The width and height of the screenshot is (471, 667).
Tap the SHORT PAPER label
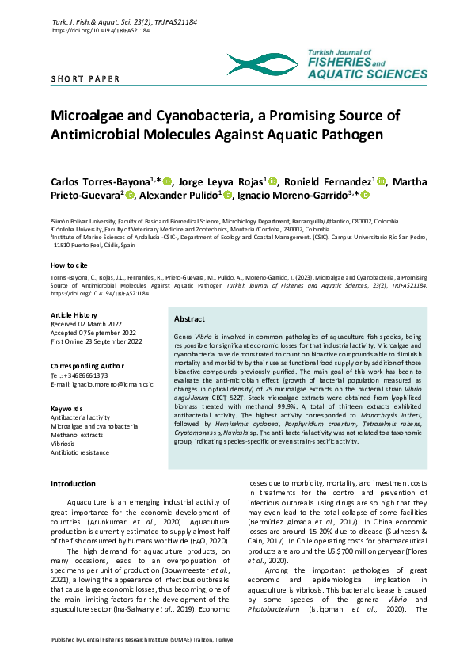coord(85,79)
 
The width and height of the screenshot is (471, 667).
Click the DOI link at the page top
coord(100,30)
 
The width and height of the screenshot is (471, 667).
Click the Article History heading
coord(78,315)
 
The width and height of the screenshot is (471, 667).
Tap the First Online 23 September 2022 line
coord(97,341)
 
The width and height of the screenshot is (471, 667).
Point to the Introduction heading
coord(73,483)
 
